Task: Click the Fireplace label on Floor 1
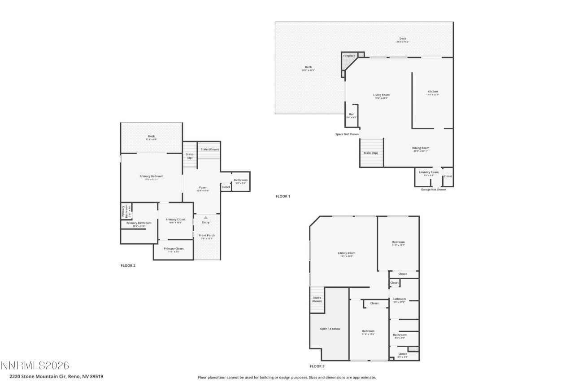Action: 349,56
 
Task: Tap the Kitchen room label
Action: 432,92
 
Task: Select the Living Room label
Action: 381,95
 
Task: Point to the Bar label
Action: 352,114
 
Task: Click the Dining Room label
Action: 421,148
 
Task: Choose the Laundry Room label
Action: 429,172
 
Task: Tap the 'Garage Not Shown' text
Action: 433,189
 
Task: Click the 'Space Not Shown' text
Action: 347,134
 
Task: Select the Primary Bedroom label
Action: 151,176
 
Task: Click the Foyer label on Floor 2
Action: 203,188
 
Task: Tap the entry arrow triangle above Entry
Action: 206,218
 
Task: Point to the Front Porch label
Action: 207,236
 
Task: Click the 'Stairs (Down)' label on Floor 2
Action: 210,149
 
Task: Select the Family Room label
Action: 347,253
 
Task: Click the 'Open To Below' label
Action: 330,329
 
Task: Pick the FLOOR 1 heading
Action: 283,196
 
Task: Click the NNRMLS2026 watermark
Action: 35,365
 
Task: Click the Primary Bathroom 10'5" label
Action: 139,223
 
